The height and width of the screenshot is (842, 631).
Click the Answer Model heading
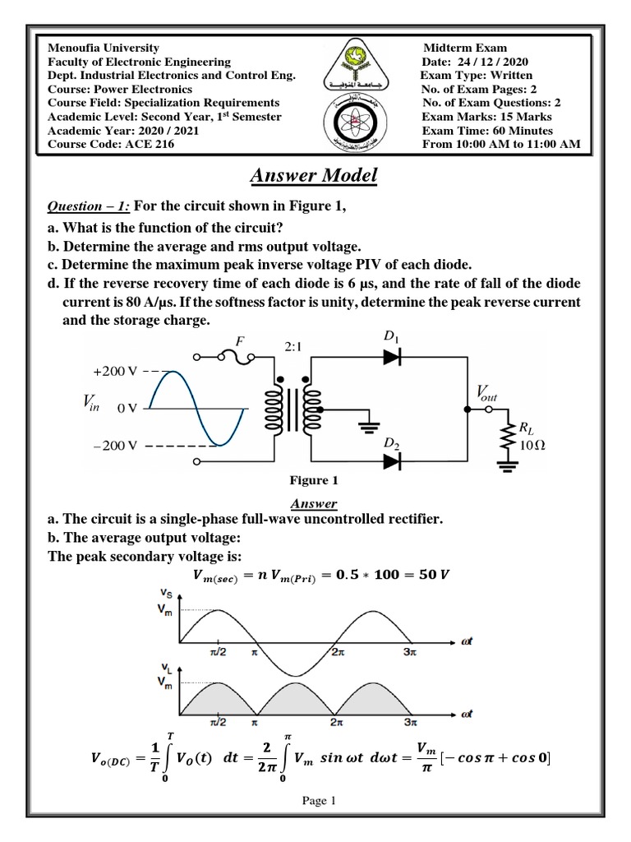tap(314, 175)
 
